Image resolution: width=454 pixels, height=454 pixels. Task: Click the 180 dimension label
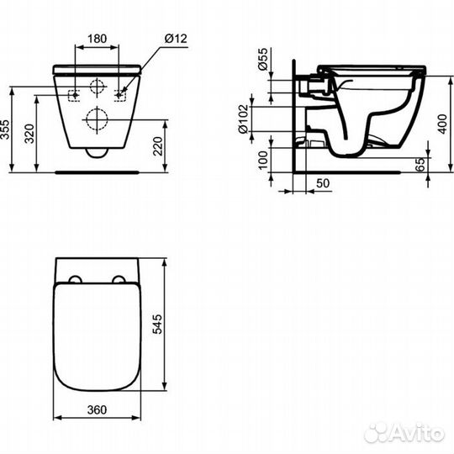point(97,39)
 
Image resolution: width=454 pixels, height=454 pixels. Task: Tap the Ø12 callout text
point(176,39)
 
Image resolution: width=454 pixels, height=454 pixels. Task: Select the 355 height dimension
point(5,129)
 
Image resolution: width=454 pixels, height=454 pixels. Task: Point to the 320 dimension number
point(29,134)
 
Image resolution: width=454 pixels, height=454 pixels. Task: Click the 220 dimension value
point(158,146)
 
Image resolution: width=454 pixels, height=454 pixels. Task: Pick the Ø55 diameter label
point(263,60)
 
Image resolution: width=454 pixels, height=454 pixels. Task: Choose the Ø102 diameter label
point(243,119)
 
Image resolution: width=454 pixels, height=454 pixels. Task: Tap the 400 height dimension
point(442,124)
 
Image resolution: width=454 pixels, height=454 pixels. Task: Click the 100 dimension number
point(263,160)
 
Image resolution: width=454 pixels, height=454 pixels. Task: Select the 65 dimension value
point(420,165)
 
